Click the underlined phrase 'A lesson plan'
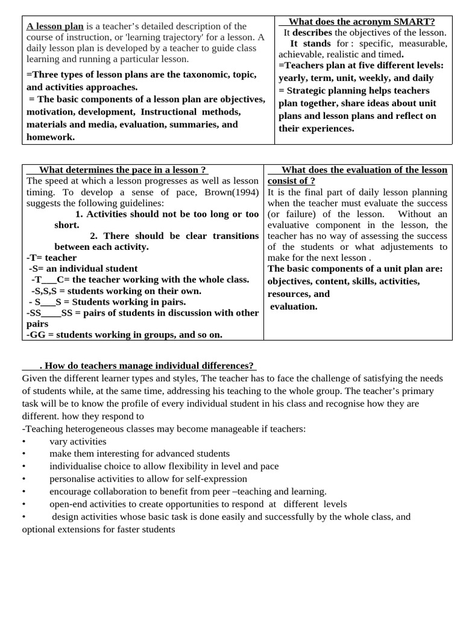55,27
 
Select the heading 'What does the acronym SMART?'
362,22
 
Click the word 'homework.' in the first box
51,137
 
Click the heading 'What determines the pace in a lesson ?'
118,170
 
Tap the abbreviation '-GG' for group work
36,334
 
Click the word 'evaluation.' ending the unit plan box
294,307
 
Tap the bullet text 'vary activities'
78,441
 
